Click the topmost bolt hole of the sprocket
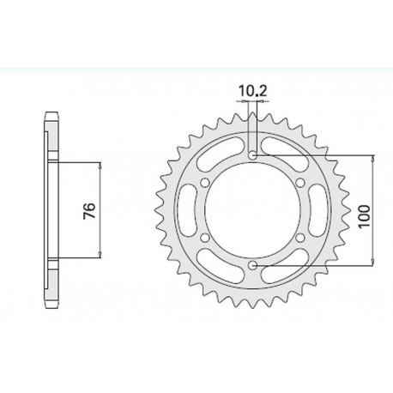click(x=254, y=155)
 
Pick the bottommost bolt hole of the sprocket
click(x=254, y=267)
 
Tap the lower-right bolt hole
click(x=302, y=239)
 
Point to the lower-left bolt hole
click(x=206, y=239)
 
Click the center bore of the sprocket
click(x=254, y=211)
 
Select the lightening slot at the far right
click(x=325, y=211)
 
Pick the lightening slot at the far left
click(x=183, y=211)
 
